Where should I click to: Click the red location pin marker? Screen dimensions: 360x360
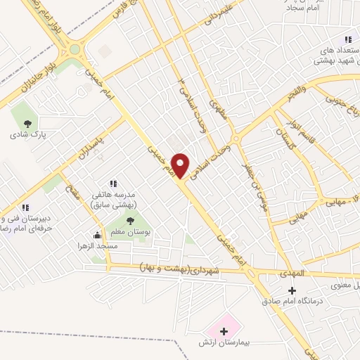(181, 164)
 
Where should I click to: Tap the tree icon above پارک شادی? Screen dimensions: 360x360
(27, 123)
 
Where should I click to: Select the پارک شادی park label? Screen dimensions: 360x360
(27, 134)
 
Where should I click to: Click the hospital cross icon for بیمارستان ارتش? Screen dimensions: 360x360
(224, 331)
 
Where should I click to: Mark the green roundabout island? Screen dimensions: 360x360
(75, 50)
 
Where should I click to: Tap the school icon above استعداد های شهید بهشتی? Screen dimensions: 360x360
(347, 41)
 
